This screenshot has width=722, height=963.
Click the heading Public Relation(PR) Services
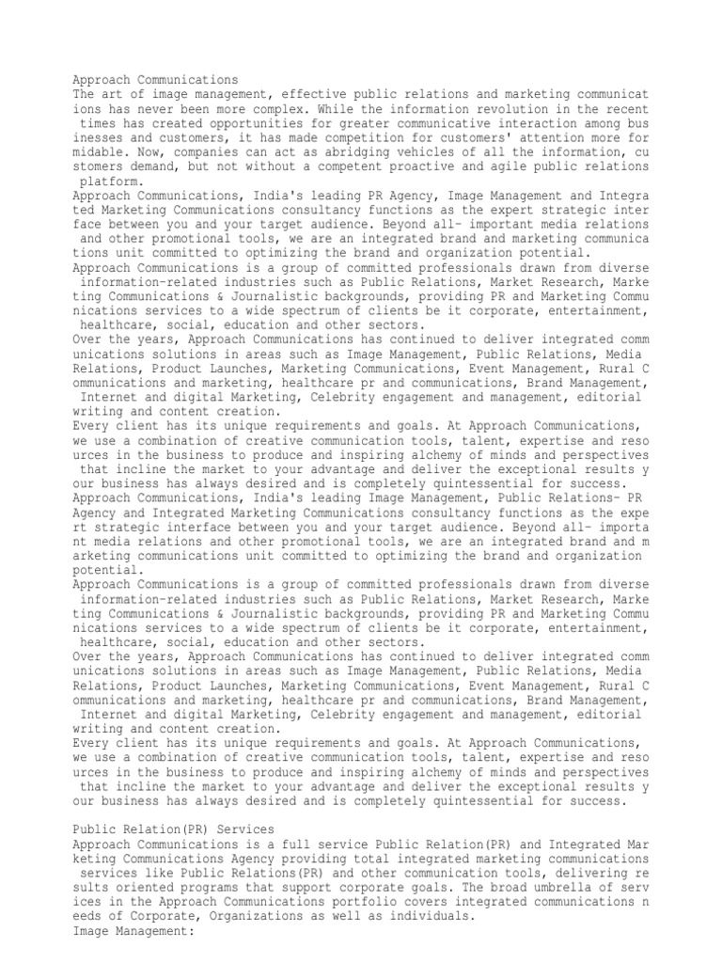point(174,829)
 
